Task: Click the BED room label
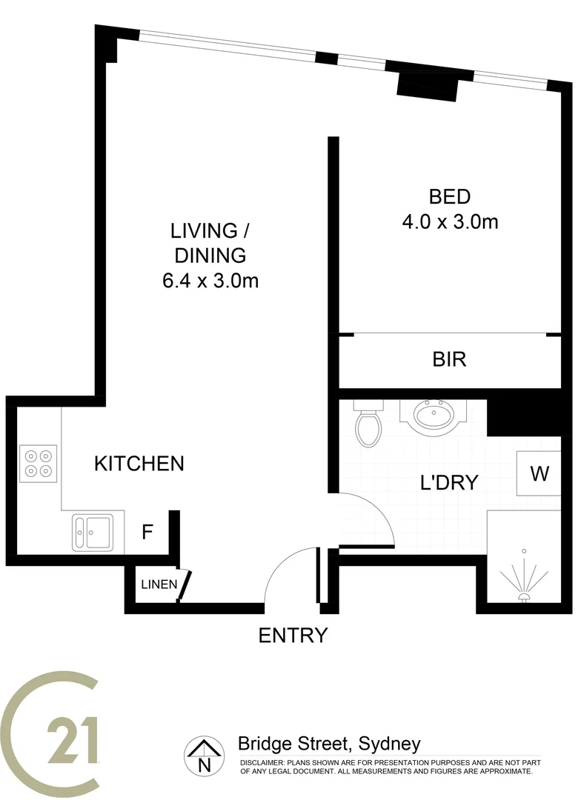point(450,197)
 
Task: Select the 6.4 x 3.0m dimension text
point(210,281)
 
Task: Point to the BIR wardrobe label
point(449,360)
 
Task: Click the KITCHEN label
point(139,464)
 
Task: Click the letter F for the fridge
point(147,532)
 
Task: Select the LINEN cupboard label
point(159,584)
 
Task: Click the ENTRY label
point(293,636)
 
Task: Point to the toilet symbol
point(368,425)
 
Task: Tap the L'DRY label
point(448,483)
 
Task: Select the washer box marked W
point(540,473)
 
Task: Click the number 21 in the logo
point(72,740)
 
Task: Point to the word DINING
point(210,256)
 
